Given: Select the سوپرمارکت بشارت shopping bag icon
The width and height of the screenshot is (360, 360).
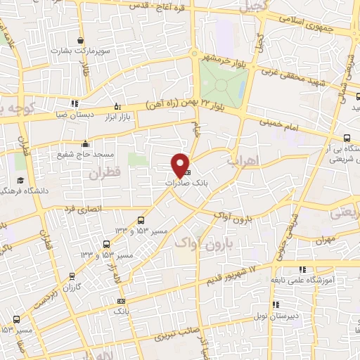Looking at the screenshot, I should tap(82, 40).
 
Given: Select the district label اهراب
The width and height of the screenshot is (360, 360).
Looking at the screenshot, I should tap(244, 161).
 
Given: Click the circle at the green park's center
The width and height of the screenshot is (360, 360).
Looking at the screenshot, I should tap(222, 84).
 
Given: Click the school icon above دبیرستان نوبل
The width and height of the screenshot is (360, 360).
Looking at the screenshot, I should tap(276, 304).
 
